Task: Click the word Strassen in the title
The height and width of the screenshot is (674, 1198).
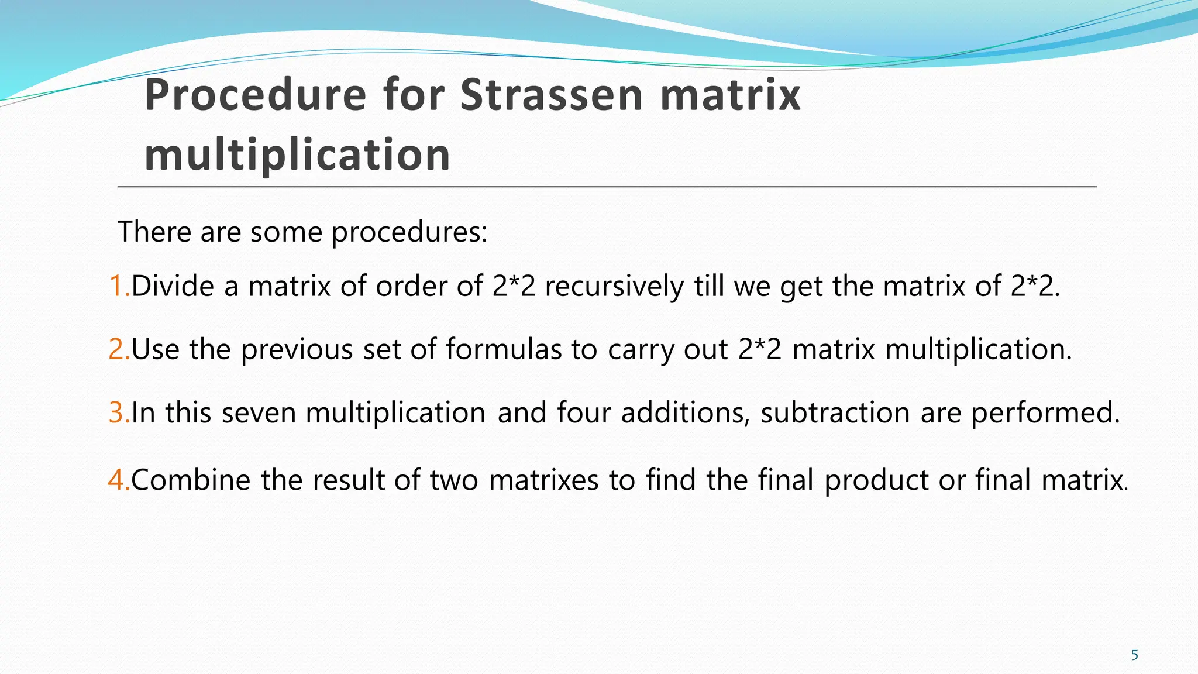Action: click(x=552, y=95)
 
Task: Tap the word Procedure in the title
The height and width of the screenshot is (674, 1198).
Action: click(x=256, y=95)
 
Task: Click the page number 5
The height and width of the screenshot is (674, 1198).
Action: click(x=1134, y=655)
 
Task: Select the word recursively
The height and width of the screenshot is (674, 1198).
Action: click(x=614, y=287)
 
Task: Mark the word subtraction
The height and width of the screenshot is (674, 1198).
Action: click(x=835, y=413)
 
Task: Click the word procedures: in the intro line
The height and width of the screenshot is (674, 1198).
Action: click(x=409, y=232)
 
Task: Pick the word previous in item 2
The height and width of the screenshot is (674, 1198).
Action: click(x=297, y=350)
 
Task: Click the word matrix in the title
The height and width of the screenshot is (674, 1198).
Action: click(x=730, y=95)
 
